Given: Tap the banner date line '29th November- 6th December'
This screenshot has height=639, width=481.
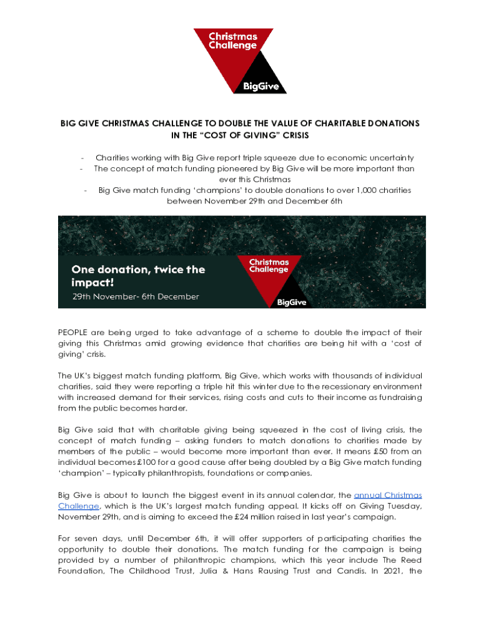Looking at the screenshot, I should tap(135, 296).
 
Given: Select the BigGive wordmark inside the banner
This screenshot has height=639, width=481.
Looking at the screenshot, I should tap(292, 303).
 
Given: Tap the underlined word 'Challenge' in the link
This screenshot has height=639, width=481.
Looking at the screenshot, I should tap(78, 506).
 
